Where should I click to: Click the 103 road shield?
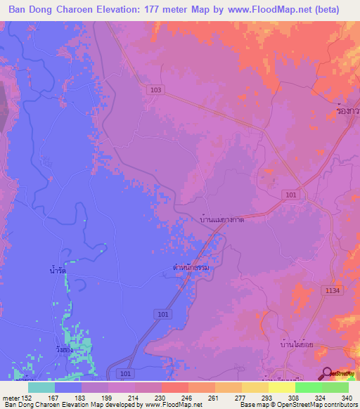[x=155, y=90]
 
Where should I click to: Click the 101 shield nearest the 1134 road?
[x=290, y=193]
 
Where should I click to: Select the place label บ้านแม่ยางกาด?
[x=222, y=220]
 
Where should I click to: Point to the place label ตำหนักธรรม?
[x=191, y=268]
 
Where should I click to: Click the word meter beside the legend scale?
[x=11, y=397]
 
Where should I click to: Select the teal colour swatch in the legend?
[x=41, y=387]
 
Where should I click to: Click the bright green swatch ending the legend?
[x=335, y=387]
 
